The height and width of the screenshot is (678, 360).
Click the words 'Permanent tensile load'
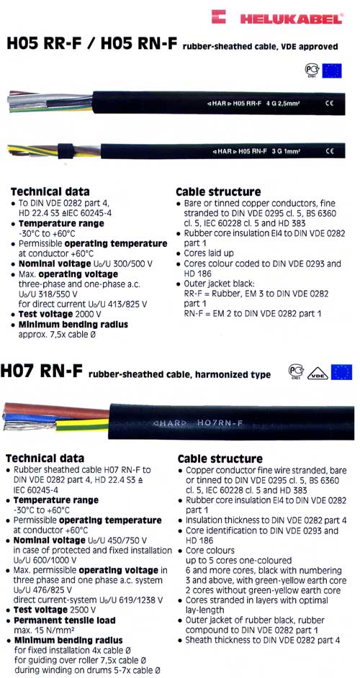[67, 619]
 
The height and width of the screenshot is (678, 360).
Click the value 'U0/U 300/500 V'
[114, 264]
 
